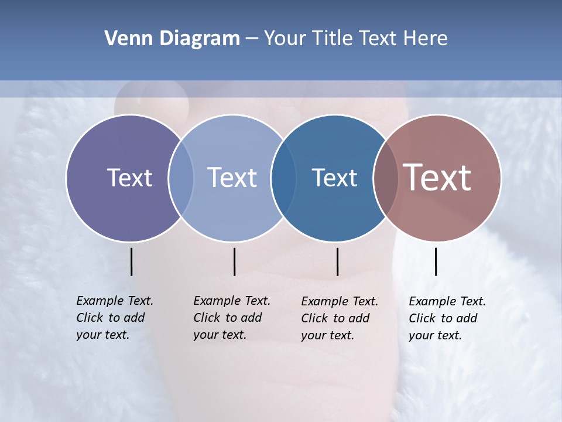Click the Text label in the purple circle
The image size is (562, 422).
coord(129,178)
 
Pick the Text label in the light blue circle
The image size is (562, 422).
coord(232,178)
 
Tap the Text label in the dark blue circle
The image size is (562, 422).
coord(334,178)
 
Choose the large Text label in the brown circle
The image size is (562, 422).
coord(437,178)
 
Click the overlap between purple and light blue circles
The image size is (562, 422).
coord(181,178)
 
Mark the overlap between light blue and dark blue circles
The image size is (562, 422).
coord(283,178)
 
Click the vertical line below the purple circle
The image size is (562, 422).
coord(131,261)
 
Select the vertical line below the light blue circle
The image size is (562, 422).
coord(234,261)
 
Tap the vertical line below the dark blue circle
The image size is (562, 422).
coord(337,261)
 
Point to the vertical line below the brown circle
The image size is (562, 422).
coord(436,261)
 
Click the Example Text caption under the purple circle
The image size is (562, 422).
coord(114,318)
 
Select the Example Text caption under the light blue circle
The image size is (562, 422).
coord(231,318)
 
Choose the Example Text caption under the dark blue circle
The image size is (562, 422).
coord(339,318)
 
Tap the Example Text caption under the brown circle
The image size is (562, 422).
coord(447,318)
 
